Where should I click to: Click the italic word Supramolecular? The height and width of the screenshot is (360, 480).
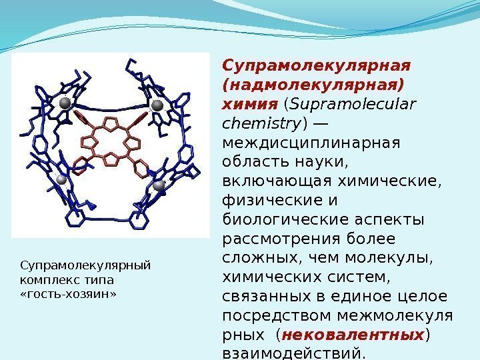352,105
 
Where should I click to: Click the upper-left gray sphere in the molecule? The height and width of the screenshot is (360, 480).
65,103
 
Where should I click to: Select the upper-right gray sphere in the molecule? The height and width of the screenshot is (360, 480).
158,105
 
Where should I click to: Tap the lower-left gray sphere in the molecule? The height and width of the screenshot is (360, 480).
61,179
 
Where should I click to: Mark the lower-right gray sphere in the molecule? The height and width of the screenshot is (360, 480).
159,186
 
